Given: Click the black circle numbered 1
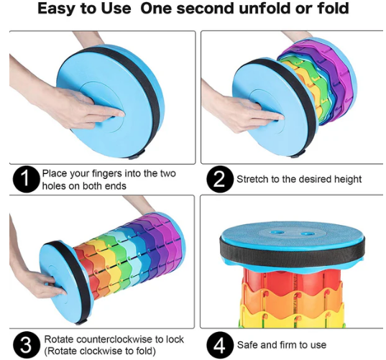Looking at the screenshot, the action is (26, 179).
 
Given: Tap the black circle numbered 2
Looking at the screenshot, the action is (219, 179).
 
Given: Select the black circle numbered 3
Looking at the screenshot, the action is (26, 345).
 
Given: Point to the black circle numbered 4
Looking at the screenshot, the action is (219, 345).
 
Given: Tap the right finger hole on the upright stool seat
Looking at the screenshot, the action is (307, 233).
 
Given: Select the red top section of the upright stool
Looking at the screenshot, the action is (292, 280).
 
